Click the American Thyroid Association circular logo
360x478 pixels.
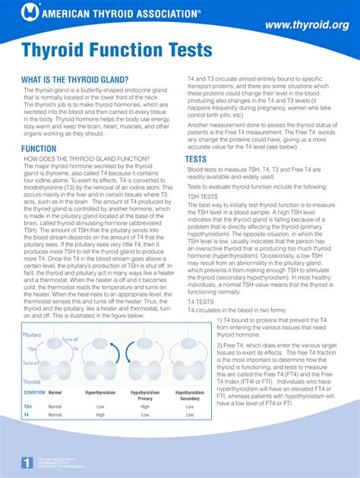pos(30,11)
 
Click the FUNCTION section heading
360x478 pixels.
pos(39,149)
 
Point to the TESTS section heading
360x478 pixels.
pos(196,159)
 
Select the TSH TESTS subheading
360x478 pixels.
pos(203,196)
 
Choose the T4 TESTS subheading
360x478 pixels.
pos(201,301)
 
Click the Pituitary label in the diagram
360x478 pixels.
pos(33,334)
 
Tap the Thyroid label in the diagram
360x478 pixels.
pos(32,382)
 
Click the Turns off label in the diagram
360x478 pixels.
pos(69,339)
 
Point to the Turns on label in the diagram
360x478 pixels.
pos(31,363)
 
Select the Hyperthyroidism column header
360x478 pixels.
pos(100,393)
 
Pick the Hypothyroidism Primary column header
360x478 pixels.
pos(145,395)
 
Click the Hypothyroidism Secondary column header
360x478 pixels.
pos(190,395)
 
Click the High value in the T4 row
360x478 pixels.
pos(100,415)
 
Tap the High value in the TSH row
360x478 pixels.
pos(145,406)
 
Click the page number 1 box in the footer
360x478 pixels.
pos(27,462)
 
